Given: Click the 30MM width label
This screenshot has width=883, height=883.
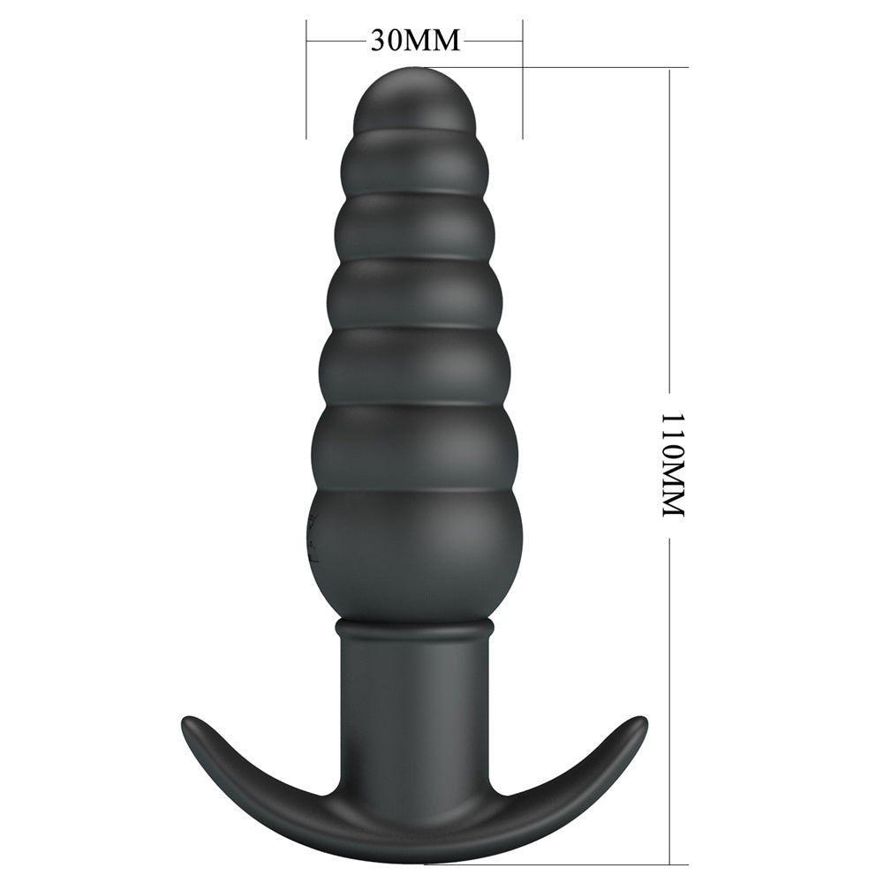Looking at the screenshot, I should pos(415,41).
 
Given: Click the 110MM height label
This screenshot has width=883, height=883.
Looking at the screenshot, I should pos(673,464).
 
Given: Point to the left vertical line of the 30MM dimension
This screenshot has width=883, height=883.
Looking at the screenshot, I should pos(306,79).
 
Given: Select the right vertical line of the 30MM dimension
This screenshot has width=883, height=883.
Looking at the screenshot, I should pos(523,79).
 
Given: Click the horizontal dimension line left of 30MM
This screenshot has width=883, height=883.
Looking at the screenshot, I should pos(335,40).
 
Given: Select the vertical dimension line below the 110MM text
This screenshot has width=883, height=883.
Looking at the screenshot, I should pos(670,706).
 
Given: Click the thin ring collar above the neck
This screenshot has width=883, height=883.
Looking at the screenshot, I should pos(413,629).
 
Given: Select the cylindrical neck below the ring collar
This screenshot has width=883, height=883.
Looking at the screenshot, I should pos(413,698).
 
